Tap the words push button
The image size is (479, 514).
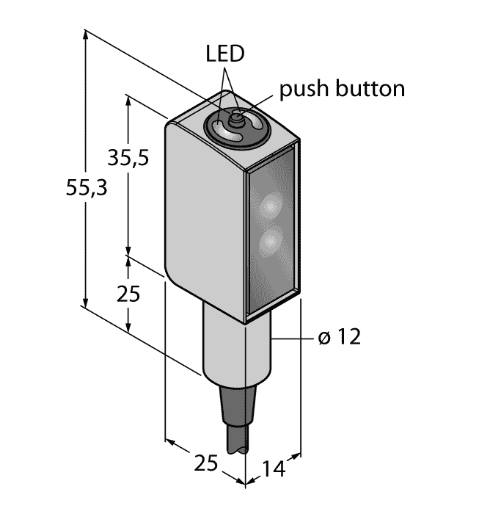pyautogui.click(x=342, y=90)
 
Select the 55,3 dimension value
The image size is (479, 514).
pyautogui.click(x=87, y=189)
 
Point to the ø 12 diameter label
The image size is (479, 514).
pyautogui.click(x=340, y=338)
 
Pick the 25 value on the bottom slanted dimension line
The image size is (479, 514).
pyautogui.click(x=208, y=463)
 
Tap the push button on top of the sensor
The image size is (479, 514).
pyautogui.click(x=236, y=117)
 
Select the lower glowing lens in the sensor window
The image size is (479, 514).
pyautogui.click(x=270, y=240)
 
